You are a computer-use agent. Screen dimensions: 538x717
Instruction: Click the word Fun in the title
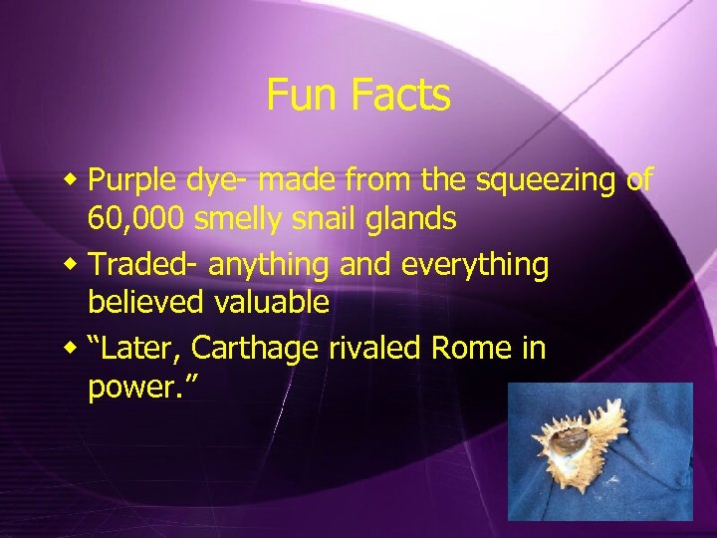click(x=298, y=97)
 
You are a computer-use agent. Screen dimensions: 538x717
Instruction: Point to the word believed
click(x=142, y=303)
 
